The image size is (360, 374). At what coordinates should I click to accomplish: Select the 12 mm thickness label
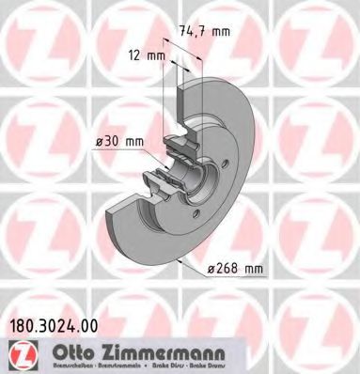coord(146,55)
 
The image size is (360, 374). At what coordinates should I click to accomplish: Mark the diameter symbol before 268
coord(211,268)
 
